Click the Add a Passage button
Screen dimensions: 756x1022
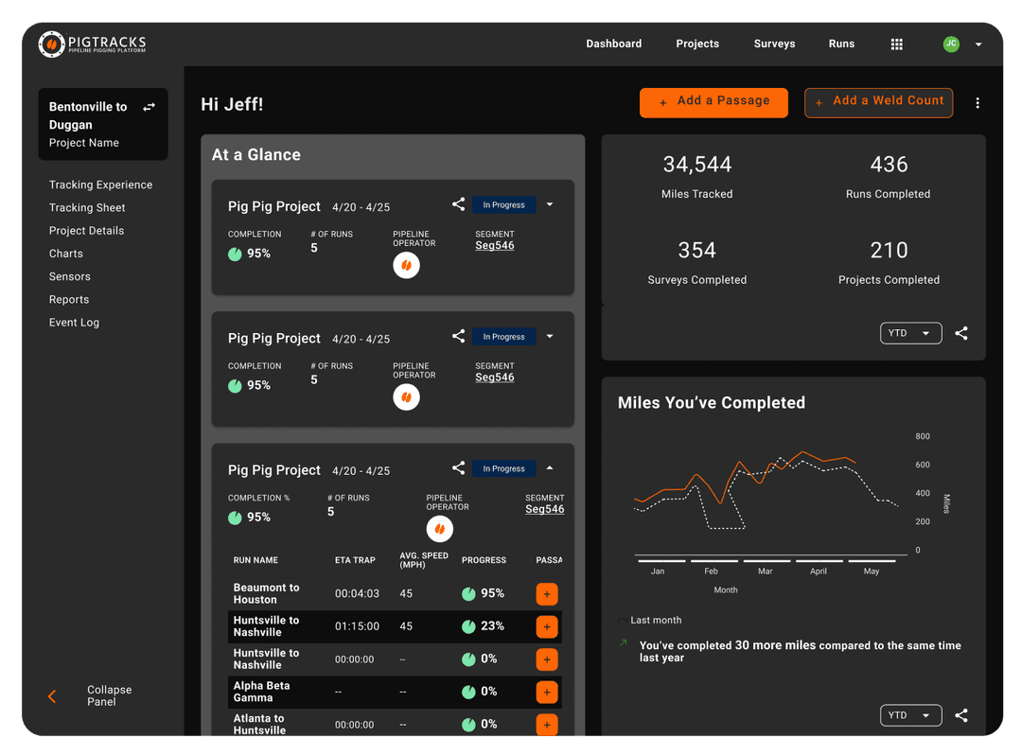(x=714, y=101)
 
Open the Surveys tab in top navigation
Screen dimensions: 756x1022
(x=774, y=44)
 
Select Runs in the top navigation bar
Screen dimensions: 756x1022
(x=841, y=44)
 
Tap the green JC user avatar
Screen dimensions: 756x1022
(x=951, y=44)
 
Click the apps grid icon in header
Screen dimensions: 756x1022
(x=897, y=44)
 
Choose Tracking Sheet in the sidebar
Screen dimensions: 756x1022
(x=87, y=208)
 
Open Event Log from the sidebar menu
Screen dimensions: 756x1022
(x=74, y=323)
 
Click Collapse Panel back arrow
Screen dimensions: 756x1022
(x=52, y=696)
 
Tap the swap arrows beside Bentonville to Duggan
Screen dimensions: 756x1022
(x=149, y=107)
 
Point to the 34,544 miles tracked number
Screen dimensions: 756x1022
(x=697, y=165)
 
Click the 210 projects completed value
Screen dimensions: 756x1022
(x=889, y=251)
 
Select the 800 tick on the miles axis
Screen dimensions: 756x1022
(x=923, y=436)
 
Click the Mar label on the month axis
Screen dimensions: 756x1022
(x=765, y=571)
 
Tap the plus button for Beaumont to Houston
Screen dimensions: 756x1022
(x=547, y=594)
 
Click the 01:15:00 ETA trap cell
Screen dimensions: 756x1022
(x=357, y=626)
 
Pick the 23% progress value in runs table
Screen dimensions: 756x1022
(x=492, y=626)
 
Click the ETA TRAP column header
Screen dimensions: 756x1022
(x=355, y=560)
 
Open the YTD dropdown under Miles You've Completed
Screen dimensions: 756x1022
(x=910, y=715)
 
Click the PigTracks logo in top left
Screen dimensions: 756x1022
(x=92, y=44)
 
